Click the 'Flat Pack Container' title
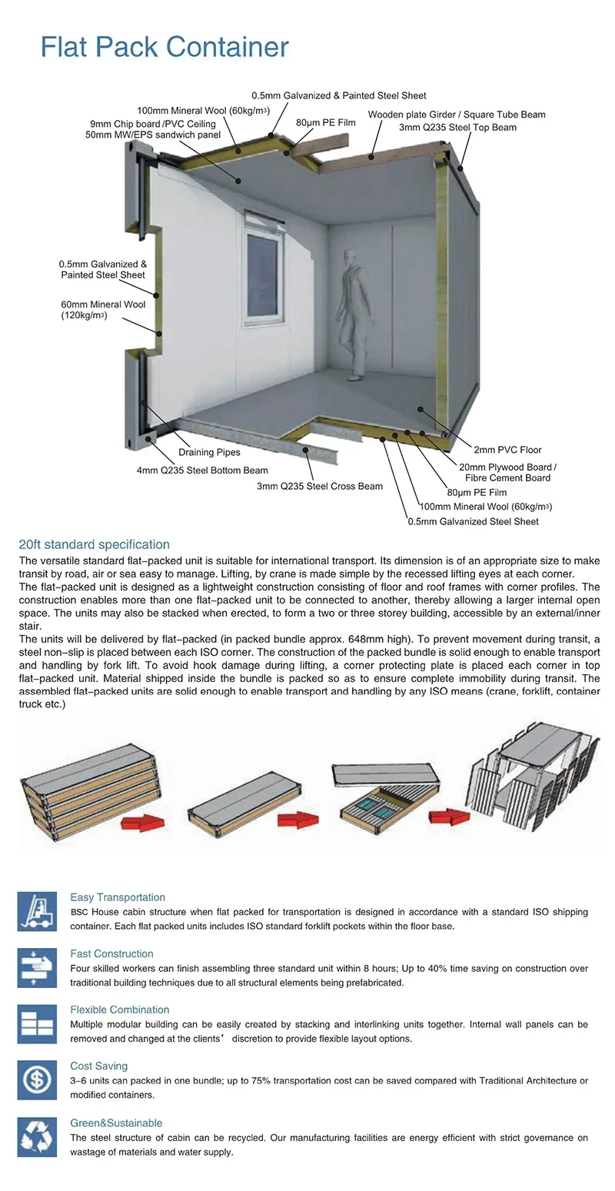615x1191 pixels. click(165, 47)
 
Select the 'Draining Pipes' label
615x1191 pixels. click(209, 452)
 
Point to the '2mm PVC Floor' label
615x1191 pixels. click(507, 450)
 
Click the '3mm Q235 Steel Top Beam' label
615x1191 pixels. click(457, 127)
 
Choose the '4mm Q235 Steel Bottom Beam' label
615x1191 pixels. click(202, 471)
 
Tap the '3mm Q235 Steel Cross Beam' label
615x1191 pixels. click(320, 486)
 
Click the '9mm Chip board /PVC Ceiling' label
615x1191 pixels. click(153, 124)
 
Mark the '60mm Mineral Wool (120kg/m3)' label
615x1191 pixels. click(103, 310)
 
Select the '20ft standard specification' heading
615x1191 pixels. click(94, 544)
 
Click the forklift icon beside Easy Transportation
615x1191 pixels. click(37, 911)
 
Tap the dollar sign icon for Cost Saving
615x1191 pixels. click(37, 1080)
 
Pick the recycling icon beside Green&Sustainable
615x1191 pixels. click(37, 1137)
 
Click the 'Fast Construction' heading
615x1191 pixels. click(111, 953)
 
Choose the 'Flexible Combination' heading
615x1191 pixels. click(119, 1010)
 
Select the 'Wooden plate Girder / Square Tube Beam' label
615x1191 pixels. click(457, 115)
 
